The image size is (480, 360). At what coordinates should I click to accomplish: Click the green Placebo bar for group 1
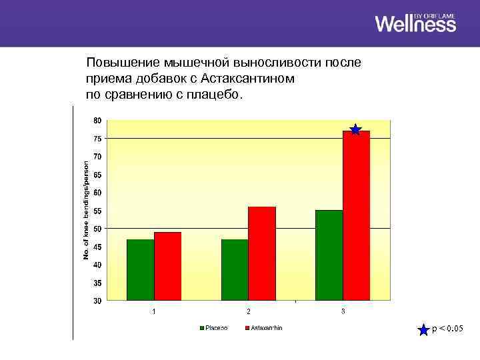(x=140, y=270)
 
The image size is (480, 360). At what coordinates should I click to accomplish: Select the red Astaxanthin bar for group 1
(x=167, y=267)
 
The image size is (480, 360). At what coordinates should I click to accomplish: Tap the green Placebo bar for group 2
(x=235, y=270)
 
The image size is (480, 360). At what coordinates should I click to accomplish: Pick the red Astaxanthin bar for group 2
(x=262, y=253)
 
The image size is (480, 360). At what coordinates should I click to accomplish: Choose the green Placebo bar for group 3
(x=329, y=255)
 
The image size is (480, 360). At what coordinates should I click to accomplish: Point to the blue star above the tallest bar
(x=355, y=129)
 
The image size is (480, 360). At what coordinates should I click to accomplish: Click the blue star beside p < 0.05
(x=423, y=329)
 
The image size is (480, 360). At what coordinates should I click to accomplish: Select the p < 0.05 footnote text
(x=448, y=329)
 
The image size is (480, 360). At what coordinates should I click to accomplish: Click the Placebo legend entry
(x=213, y=328)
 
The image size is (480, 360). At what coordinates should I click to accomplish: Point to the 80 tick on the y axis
(x=97, y=121)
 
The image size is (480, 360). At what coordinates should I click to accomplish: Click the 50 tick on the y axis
(x=97, y=229)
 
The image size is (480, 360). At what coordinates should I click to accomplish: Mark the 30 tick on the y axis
(x=97, y=301)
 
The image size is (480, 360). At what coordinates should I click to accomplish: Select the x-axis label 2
(x=249, y=311)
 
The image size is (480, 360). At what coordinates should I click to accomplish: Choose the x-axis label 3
(x=343, y=311)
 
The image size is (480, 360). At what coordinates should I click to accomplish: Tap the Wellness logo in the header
(x=415, y=23)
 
